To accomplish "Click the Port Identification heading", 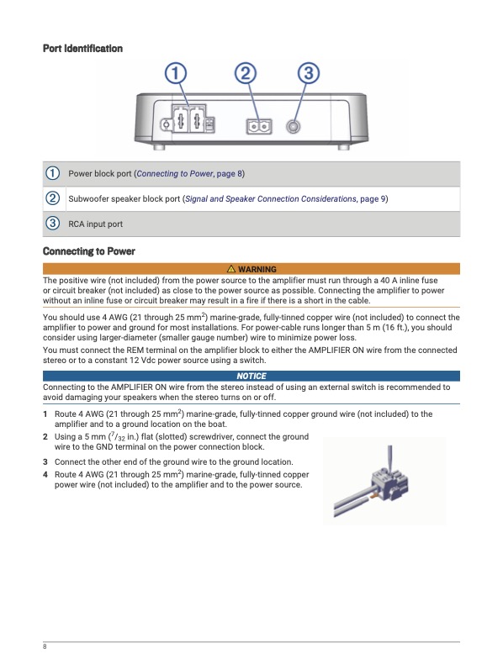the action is pos(82,48).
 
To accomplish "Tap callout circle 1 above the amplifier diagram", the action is pos(176,73).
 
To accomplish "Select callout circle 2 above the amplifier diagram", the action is pos(246,73).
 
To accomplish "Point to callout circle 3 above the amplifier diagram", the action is pos(309,73).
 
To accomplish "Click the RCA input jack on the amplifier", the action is pos(294,126).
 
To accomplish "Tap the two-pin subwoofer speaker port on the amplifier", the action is pos(259,127).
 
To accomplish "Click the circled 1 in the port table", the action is pos(52,173).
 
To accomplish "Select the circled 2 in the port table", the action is pos(52,198).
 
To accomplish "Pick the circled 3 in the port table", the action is pos(52,224).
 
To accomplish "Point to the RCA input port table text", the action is pos(95,224).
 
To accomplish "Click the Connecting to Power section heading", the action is pos(89,251).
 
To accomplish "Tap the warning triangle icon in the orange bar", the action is pos(231,268).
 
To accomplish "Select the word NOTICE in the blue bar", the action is pos(251,376).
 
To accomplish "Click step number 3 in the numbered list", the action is pos(45,462).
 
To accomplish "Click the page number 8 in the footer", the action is pos(45,646).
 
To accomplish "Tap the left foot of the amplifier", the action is pos(159,146).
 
